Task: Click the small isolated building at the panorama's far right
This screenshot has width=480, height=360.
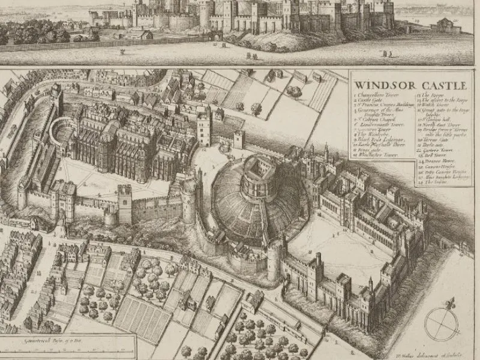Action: click(446, 26)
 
